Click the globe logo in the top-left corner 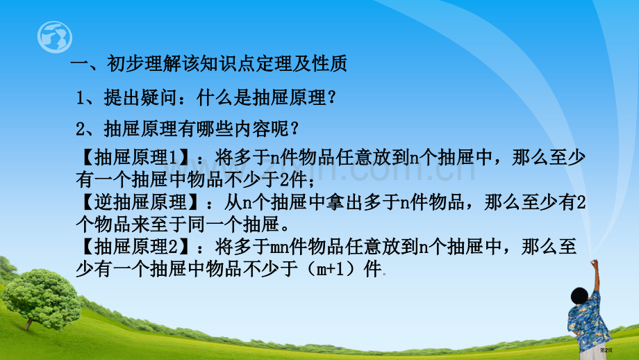pyautogui.click(x=55, y=37)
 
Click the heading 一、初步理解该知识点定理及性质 pyautogui.click(x=208, y=64)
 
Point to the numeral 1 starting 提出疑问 pyautogui.click(x=81, y=98)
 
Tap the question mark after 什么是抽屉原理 pyautogui.click(x=332, y=97)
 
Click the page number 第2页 pyautogui.click(x=606, y=350)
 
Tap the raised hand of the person pyautogui.click(x=594, y=264)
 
